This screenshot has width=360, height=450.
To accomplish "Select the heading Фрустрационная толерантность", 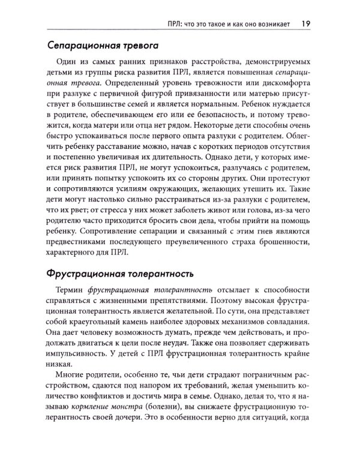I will click(119, 275).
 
